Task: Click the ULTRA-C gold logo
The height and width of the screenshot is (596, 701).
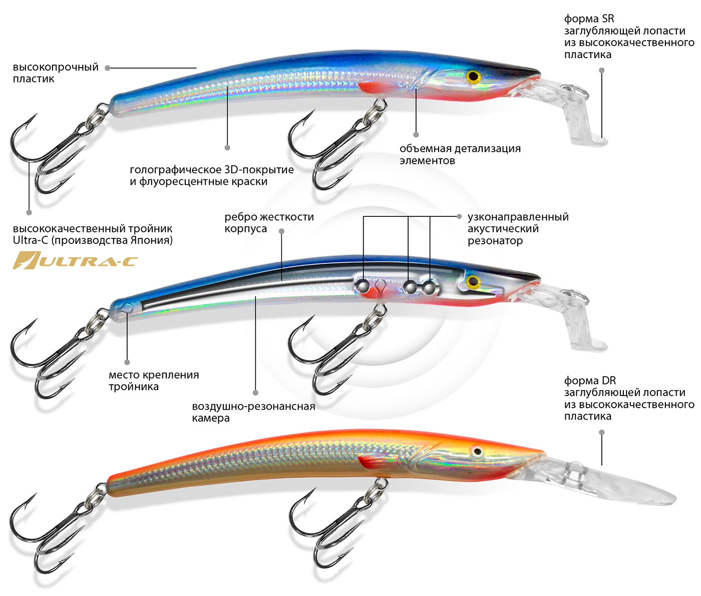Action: click(x=75, y=260)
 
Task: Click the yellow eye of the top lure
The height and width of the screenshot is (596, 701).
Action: click(x=473, y=77)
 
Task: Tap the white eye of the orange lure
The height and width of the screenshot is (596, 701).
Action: click(x=478, y=452)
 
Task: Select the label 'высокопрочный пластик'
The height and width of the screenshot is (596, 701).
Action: click(x=56, y=73)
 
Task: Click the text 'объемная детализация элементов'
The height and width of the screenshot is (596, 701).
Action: click(x=460, y=154)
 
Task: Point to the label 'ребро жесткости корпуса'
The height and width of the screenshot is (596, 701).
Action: click(x=269, y=222)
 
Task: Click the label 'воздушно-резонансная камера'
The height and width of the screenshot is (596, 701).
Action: click(x=253, y=412)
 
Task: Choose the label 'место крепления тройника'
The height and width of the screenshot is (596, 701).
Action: click(x=154, y=380)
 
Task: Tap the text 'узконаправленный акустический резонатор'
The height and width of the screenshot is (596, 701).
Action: click(x=518, y=228)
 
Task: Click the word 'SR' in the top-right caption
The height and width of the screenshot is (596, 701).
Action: click(x=608, y=19)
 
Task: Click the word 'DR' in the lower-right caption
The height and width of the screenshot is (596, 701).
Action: click(x=609, y=381)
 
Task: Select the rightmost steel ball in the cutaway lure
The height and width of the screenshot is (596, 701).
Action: click(x=429, y=287)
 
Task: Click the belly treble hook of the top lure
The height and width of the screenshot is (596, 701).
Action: click(x=325, y=150)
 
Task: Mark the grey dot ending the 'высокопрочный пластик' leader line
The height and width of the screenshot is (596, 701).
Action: click(x=108, y=68)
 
